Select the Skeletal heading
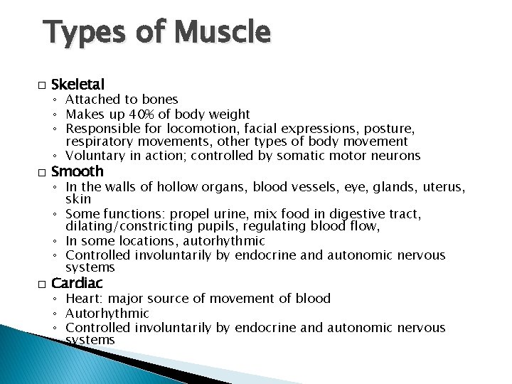point(78,85)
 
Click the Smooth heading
point(78,171)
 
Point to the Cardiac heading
point(78,284)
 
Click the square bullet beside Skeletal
point(42,85)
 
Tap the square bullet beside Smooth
point(42,172)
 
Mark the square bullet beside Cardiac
point(42,284)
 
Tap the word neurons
point(398,156)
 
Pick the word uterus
point(444,186)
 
